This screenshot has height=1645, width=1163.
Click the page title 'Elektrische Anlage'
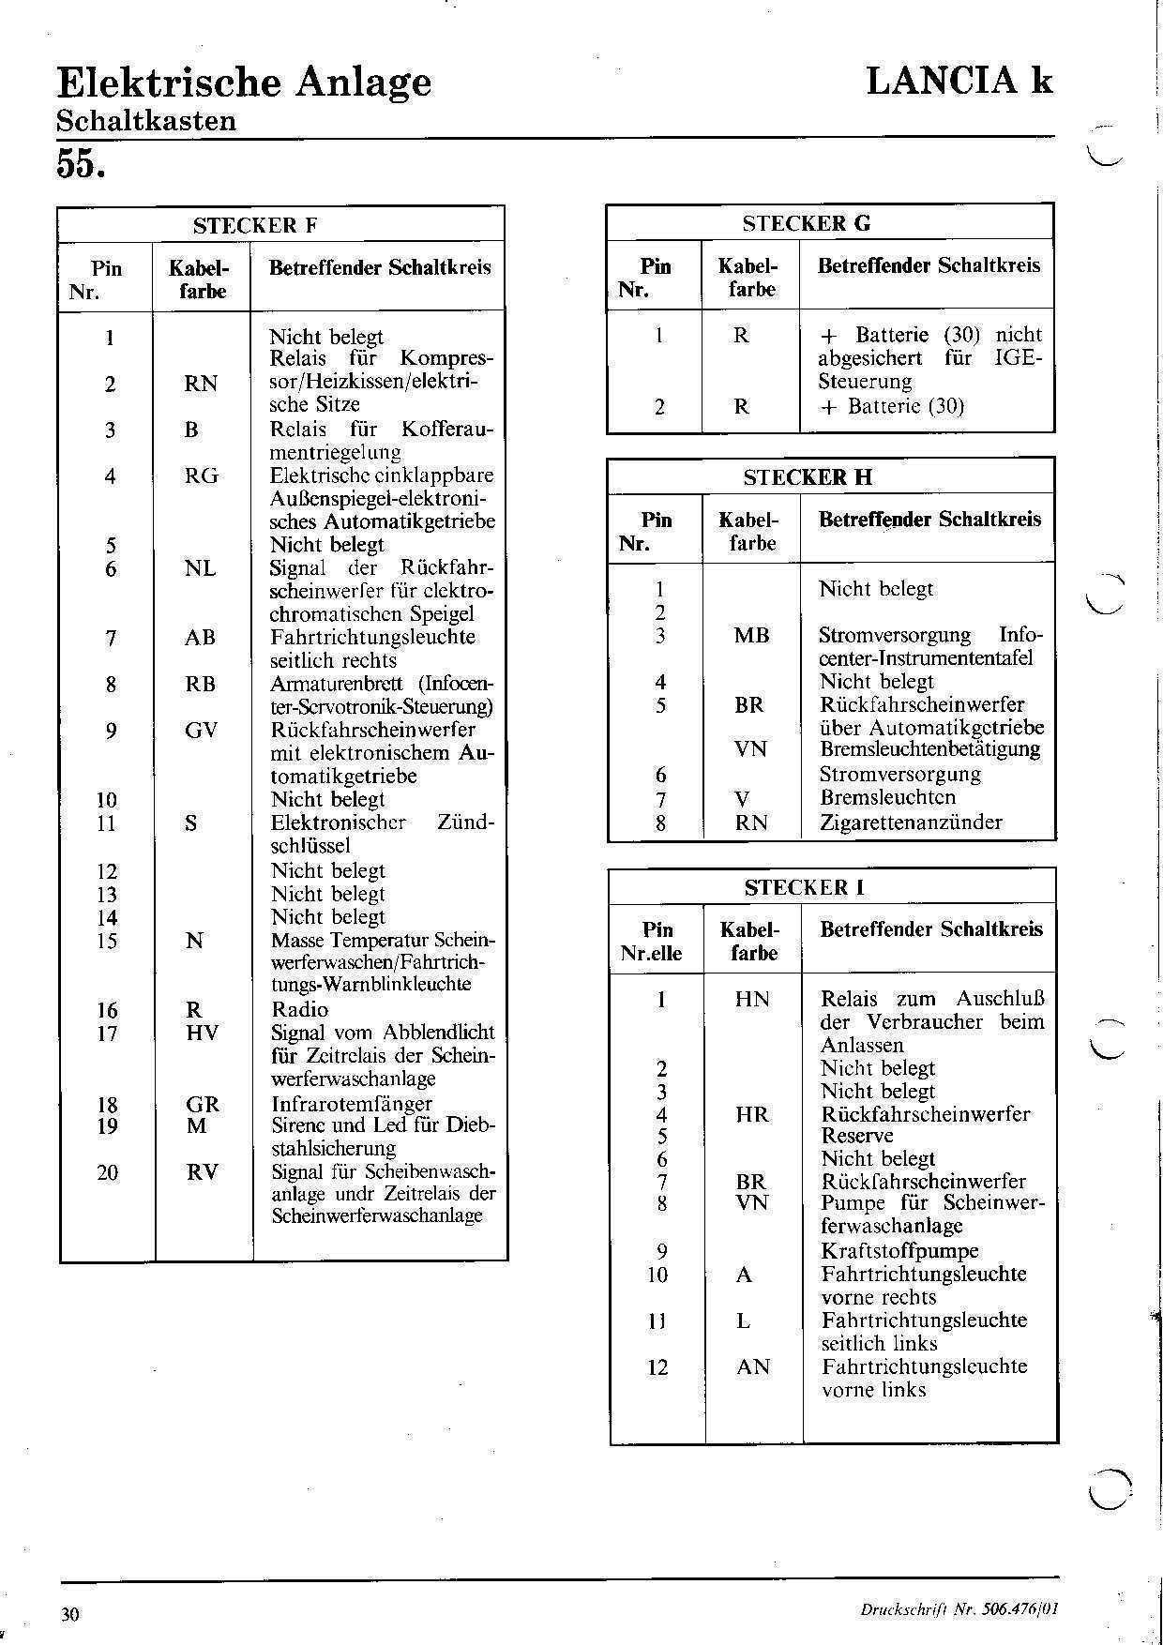coord(244,83)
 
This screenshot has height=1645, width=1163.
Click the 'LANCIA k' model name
coord(959,81)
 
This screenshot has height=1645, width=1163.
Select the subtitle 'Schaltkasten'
coord(146,121)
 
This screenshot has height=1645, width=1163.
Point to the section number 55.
coord(81,163)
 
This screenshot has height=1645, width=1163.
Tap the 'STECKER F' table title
coord(255,225)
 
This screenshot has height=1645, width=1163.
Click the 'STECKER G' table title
coord(806,223)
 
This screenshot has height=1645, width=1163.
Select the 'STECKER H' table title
coord(808,477)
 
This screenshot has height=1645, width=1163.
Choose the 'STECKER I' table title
coord(805,887)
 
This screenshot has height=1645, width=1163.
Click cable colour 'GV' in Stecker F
coord(201,730)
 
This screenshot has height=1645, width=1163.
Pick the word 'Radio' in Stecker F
coord(299,1009)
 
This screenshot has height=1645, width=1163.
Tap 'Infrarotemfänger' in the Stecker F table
coord(352,1103)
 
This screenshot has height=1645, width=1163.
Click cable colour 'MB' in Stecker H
coord(751,635)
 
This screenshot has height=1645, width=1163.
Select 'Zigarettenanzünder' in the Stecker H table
coord(911,822)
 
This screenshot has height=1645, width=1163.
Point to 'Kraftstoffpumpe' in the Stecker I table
coord(899,1250)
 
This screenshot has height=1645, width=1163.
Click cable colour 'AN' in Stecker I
coord(753,1366)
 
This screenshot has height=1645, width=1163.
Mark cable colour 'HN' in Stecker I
coord(752,999)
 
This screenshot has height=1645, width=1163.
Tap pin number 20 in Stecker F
coord(108,1172)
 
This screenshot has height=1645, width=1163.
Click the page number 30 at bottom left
coord(70,1614)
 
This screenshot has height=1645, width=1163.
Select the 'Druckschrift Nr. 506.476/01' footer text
coord(959,1609)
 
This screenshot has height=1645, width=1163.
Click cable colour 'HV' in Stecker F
coord(203,1033)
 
